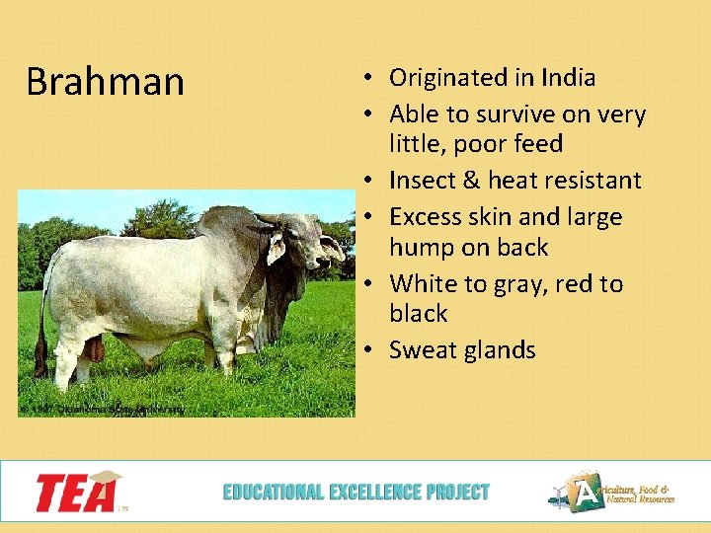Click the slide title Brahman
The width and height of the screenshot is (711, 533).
click(x=105, y=82)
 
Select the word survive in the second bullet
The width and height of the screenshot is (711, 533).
click(x=512, y=114)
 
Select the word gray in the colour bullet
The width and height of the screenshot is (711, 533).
click(x=540, y=284)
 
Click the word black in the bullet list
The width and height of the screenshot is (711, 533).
click(x=419, y=314)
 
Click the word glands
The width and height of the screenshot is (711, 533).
click(x=499, y=350)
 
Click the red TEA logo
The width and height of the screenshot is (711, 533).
click(x=77, y=491)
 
